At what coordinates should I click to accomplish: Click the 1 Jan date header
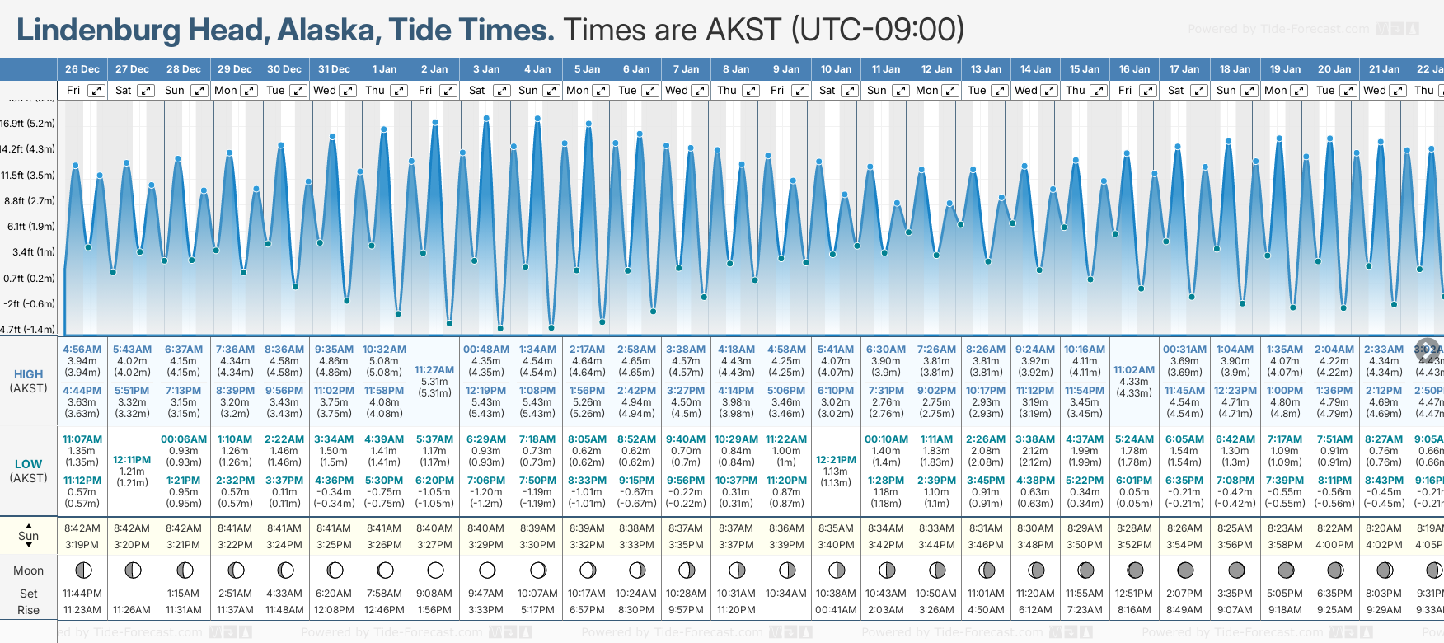pyautogui.click(x=384, y=69)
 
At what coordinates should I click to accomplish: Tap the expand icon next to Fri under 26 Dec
pyautogui.click(x=96, y=91)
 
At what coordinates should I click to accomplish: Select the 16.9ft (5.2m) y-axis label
pyautogui.click(x=28, y=124)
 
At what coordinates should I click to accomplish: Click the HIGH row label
pyautogui.click(x=29, y=374)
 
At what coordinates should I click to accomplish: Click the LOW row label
pyautogui.click(x=29, y=464)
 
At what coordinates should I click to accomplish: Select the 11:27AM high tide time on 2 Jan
pyautogui.click(x=434, y=370)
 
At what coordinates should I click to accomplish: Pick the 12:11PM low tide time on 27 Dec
pyautogui.click(x=132, y=460)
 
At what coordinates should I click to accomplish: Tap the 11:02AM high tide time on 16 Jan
pyautogui.click(x=1134, y=370)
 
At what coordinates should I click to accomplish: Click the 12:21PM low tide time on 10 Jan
pyautogui.click(x=836, y=460)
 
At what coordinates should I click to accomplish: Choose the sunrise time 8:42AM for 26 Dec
pyautogui.click(x=82, y=528)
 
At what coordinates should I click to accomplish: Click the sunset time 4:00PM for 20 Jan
pyautogui.click(x=1334, y=545)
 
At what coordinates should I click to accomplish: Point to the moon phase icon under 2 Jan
pyautogui.click(x=435, y=570)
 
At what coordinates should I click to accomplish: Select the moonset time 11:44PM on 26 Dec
pyautogui.click(x=82, y=594)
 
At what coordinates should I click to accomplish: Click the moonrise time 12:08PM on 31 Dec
pyautogui.click(x=334, y=610)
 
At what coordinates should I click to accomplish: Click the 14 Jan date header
pyautogui.click(x=1035, y=69)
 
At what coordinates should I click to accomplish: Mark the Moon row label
pyautogui.click(x=29, y=570)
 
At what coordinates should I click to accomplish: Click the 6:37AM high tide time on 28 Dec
pyautogui.click(x=183, y=350)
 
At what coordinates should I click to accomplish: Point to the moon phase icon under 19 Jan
pyautogui.click(x=1286, y=570)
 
